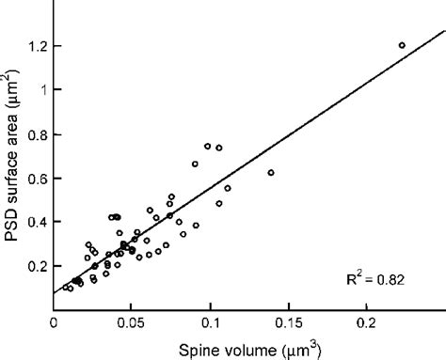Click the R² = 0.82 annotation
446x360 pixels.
(378, 279)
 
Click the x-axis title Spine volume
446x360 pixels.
(248, 350)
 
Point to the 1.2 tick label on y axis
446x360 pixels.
(36, 46)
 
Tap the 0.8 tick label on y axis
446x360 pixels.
(36, 134)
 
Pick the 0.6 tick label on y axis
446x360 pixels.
(36, 179)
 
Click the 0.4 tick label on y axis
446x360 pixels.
(36, 223)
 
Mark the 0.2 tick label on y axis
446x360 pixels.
(36, 267)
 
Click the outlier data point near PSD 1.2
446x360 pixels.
(402, 45)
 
